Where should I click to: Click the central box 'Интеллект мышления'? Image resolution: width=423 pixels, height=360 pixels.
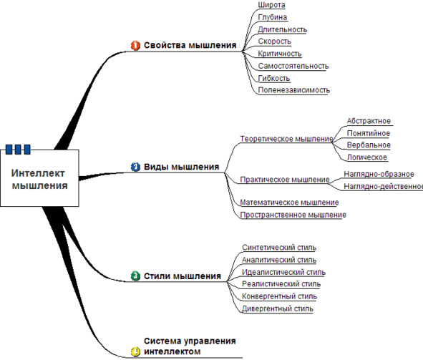[39, 178]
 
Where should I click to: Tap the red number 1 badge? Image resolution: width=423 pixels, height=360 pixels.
[135, 45]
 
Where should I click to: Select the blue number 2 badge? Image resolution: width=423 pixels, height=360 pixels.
[135, 167]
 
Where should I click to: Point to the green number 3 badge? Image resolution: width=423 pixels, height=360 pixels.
[135, 276]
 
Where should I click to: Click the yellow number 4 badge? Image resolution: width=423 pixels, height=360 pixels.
[135, 351]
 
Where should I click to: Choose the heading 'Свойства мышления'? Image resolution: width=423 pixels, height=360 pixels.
[190, 45]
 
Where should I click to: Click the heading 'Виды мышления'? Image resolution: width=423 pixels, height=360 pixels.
[182, 167]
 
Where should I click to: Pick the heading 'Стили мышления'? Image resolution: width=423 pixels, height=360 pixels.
[183, 276]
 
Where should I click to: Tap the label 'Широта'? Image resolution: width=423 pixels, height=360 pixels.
[271, 5]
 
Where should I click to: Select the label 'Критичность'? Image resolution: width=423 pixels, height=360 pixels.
[280, 54]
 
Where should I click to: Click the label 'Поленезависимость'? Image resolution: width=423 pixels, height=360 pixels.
[294, 90]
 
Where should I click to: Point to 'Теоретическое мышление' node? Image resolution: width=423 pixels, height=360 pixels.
[287, 139]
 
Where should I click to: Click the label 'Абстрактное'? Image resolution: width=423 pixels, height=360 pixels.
[369, 121]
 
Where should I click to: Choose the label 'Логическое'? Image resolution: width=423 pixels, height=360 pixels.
[367, 157]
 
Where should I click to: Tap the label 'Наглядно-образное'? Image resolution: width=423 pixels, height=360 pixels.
[379, 174]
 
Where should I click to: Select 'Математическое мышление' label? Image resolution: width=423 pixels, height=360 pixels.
[289, 203]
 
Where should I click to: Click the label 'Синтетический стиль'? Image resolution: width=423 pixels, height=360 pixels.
[279, 248]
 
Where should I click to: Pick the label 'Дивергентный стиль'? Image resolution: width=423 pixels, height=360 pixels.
[278, 308]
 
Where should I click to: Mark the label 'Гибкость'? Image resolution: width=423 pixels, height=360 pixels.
[274, 78]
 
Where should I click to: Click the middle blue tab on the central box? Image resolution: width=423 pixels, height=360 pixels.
[18, 149]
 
